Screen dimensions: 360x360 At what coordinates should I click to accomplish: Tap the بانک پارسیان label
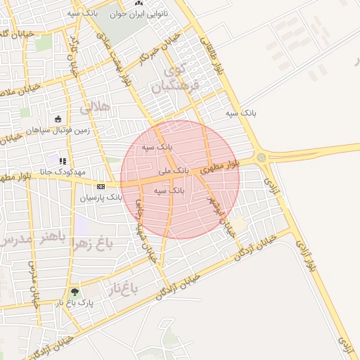100,198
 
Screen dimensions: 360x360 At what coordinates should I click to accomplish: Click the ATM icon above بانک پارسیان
101,186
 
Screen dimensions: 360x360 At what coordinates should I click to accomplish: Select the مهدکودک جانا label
63,172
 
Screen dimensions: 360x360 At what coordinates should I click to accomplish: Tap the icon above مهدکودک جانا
63,161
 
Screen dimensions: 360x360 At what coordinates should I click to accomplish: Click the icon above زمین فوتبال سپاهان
57,119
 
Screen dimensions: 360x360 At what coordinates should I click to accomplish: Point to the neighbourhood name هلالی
96,108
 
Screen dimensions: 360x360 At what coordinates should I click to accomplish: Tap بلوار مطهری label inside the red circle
221,167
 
